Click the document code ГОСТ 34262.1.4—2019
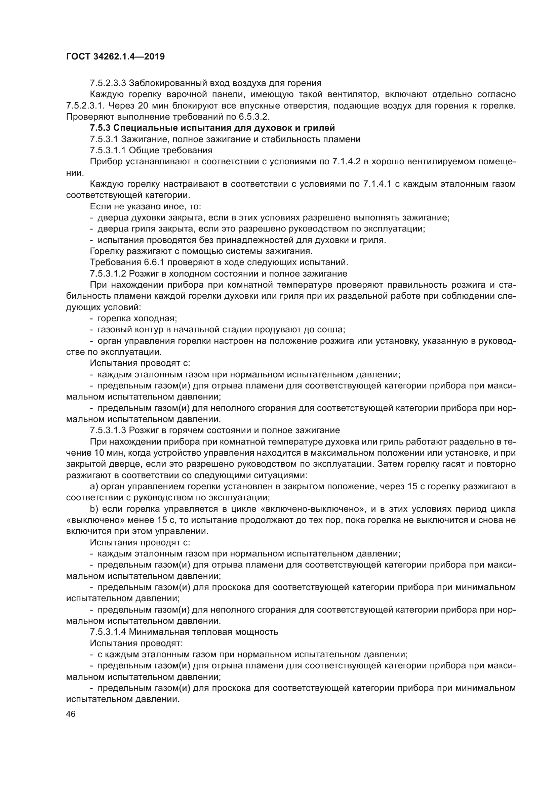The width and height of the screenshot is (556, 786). click(115, 56)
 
